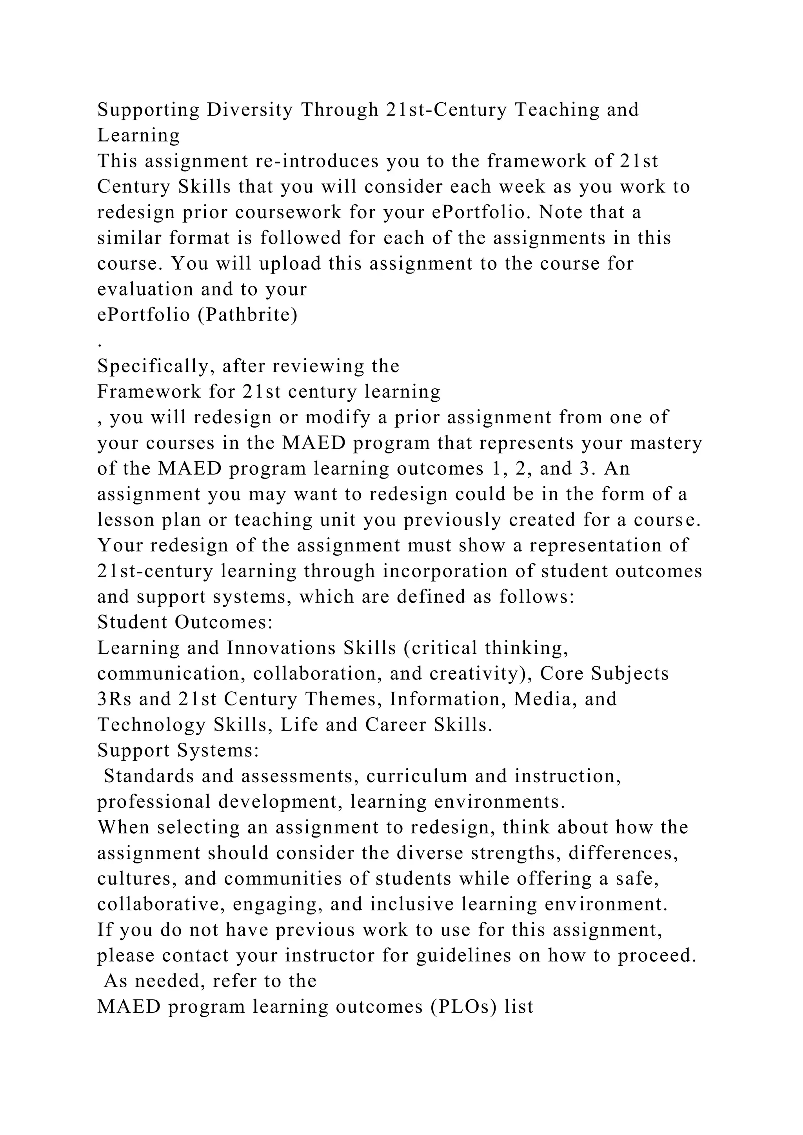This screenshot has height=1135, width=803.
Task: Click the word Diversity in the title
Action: (x=250, y=110)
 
